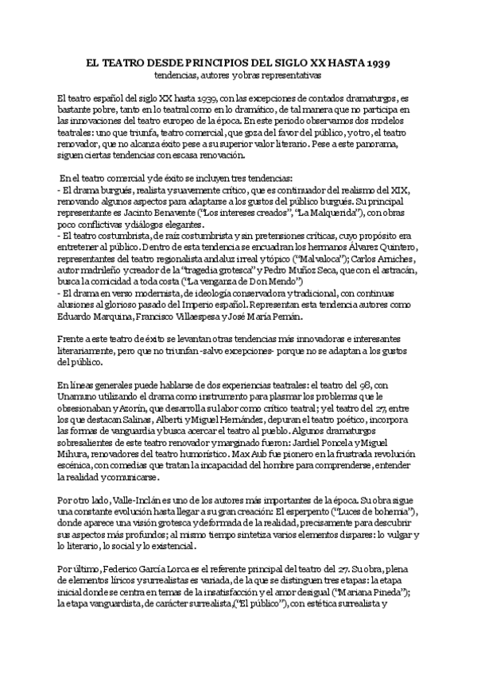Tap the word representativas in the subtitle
click(289, 75)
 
